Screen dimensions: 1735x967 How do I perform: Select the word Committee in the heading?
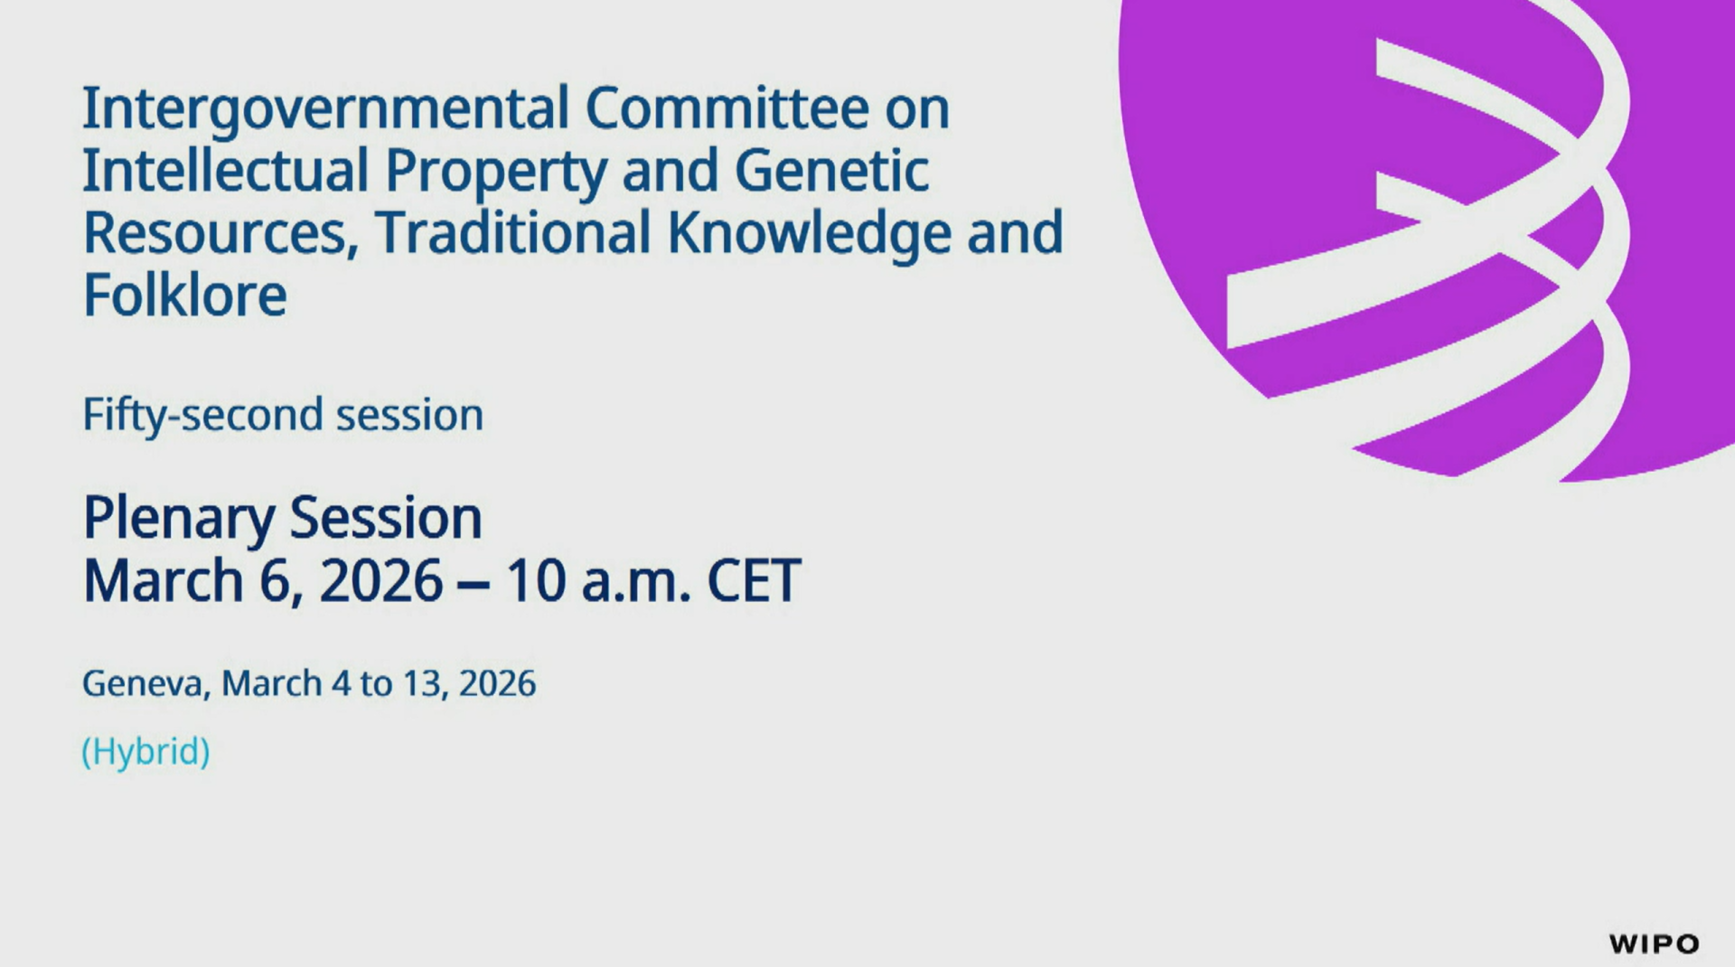[727, 108]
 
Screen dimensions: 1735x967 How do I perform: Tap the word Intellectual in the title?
[226, 170]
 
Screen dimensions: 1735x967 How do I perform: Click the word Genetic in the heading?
[831, 170]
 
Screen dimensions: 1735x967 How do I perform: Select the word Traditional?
[513, 232]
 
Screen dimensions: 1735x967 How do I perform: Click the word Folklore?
[185, 295]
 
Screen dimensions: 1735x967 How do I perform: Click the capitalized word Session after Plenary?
[386, 518]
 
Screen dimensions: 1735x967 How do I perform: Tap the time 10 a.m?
[598, 580]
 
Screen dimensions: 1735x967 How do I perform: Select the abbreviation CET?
[754, 580]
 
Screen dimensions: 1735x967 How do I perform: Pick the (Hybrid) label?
[146, 752]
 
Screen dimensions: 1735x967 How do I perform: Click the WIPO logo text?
[1654, 944]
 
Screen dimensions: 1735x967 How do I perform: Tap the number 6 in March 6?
[276, 580]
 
